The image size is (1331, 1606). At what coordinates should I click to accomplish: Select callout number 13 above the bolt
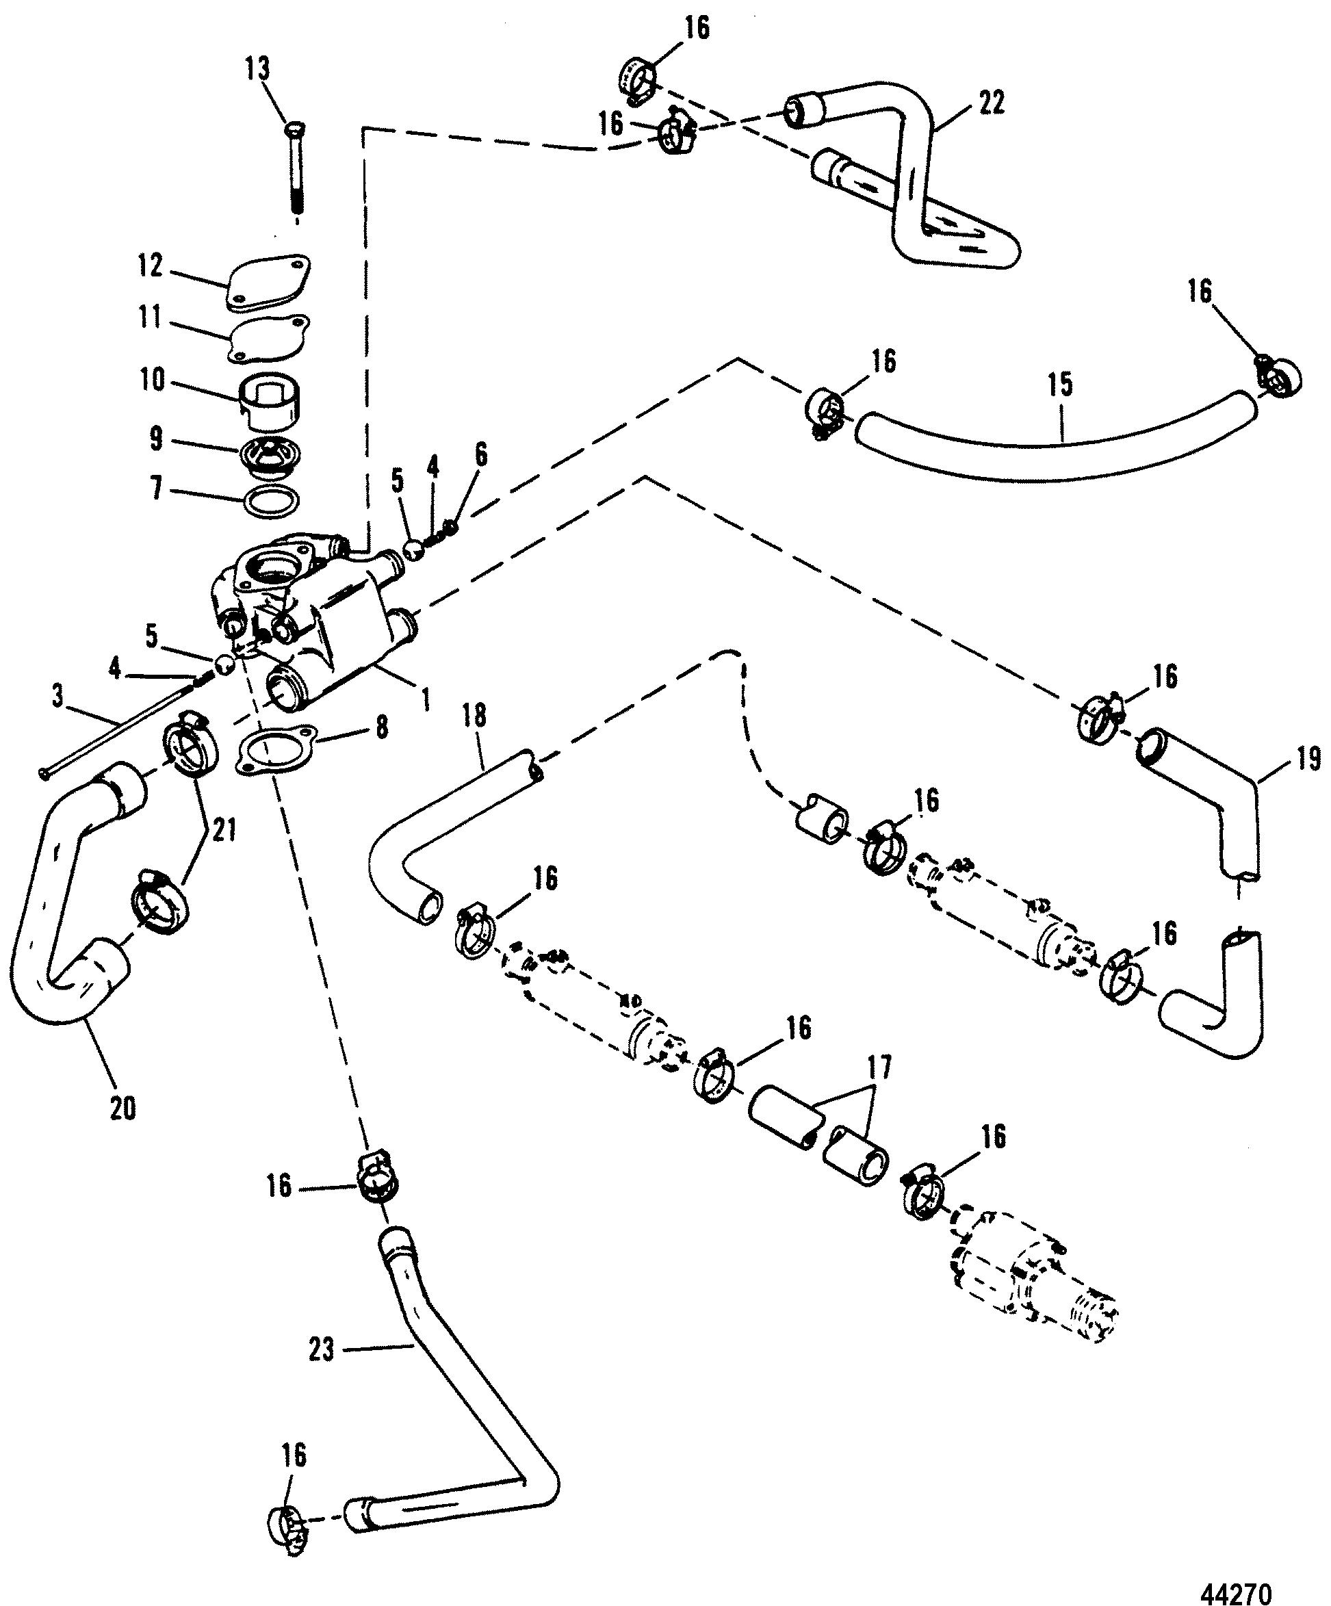pyautogui.click(x=257, y=70)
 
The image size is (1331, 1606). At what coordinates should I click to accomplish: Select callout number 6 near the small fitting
pyautogui.click(x=480, y=454)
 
